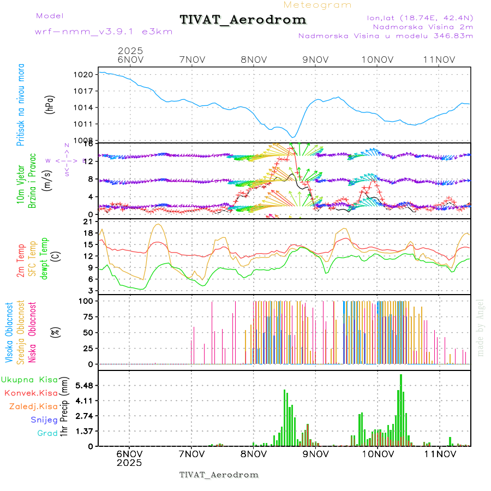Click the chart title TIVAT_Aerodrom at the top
[x=243, y=20]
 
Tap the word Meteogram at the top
[x=318, y=5]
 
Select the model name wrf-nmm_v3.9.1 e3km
[x=104, y=32]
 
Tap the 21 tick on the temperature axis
[x=87, y=221]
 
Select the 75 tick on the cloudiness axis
[x=87, y=316]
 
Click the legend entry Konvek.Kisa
[x=31, y=393]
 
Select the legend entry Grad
[x=47, y=433]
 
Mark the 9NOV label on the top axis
[x=315, y=59]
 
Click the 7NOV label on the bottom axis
[x=191, y=453]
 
